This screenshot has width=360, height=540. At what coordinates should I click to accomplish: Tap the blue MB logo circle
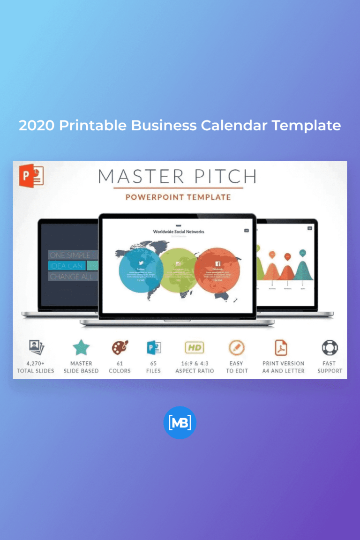(x=180, y=422)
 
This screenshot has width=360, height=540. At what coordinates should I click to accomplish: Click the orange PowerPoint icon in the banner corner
(x=31, y=175)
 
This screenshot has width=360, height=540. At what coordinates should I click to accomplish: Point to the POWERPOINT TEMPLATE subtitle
(x=178, y=197)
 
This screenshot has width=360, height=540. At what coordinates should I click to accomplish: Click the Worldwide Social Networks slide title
(x=179, y=232)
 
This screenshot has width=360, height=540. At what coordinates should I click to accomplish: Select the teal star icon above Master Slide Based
(x=81, y=348)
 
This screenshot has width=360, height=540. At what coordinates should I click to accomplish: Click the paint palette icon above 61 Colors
(x=120, y=348)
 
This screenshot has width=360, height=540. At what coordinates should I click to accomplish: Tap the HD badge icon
(x=195, y=348)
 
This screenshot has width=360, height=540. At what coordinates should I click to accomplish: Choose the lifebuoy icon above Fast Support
(x=330, y=348)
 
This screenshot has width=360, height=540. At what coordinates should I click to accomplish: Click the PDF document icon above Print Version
(x=281, y=348)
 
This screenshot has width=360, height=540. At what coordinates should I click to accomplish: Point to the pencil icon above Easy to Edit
(x=236, y=348)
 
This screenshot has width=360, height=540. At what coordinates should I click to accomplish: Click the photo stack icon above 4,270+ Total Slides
(x=36, y=348)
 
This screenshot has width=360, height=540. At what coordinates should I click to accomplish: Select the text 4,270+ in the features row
(x=36, y=363)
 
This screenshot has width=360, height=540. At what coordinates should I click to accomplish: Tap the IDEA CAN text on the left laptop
(x=67, y=266)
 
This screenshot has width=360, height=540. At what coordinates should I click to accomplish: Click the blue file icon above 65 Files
(x=153, y=348)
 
